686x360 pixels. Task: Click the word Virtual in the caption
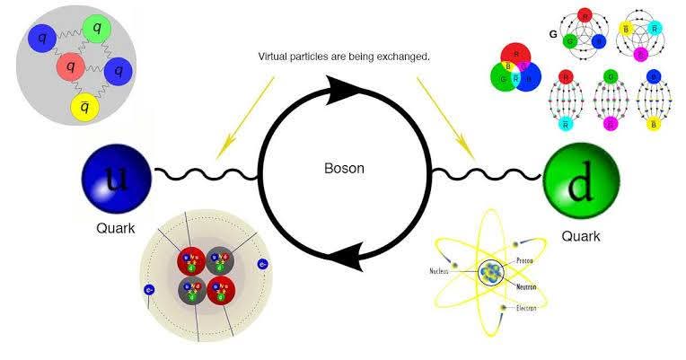pyautogui.click(x=276, y=57)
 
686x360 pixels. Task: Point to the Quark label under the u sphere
pyautogui.click(x=115, y=227)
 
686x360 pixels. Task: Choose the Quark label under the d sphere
pyautogui.click(x=580, y=236)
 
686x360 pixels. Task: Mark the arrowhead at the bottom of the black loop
pyautogui.click(x=346, y=257)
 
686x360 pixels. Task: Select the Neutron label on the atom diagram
pyautogui.click(x=527, y=287)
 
